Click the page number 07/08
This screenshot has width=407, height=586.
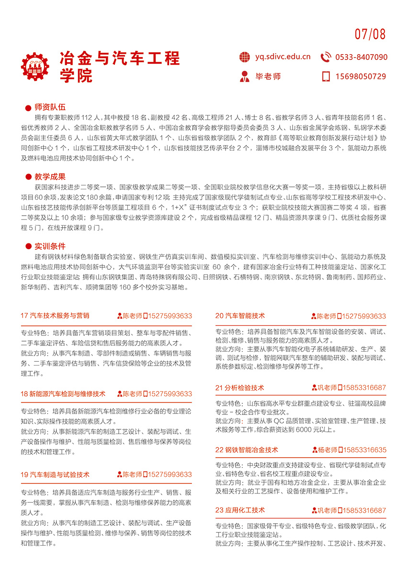[370, 34]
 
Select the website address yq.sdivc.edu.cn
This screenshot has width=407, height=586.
[283, 57]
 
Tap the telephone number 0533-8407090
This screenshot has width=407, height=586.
[361, 57]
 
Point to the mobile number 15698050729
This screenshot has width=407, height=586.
[361, 76]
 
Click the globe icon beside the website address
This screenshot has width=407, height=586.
[245, 57]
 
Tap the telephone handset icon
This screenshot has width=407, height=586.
[326, 57]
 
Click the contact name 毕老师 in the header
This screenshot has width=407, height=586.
[268, 76]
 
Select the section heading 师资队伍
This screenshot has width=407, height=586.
[50, 107]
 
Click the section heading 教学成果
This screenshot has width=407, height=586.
[50, 176]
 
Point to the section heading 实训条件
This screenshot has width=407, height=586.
[50, 246]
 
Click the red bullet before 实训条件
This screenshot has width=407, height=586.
[28, 247]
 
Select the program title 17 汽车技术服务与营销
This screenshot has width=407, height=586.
[55, 316]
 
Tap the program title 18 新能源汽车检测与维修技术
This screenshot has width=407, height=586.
[63, 394]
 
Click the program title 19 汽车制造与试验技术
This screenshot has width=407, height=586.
[55, 474]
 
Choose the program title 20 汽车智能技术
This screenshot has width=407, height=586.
[240, 316]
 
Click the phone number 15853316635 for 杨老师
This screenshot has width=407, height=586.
[362, 450]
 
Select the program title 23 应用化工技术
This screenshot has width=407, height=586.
[240, 510]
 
